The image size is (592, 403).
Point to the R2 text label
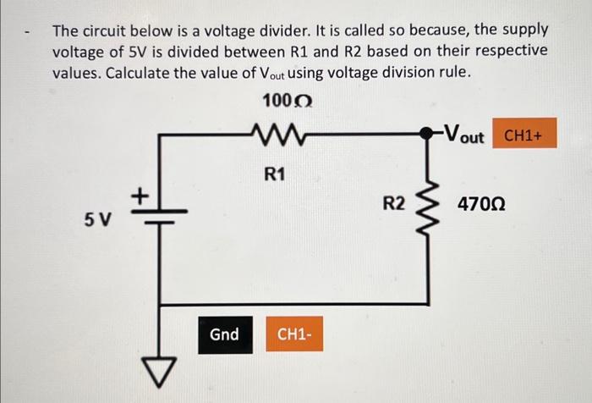394,203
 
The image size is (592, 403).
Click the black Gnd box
224,334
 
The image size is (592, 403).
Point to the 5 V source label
96,220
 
